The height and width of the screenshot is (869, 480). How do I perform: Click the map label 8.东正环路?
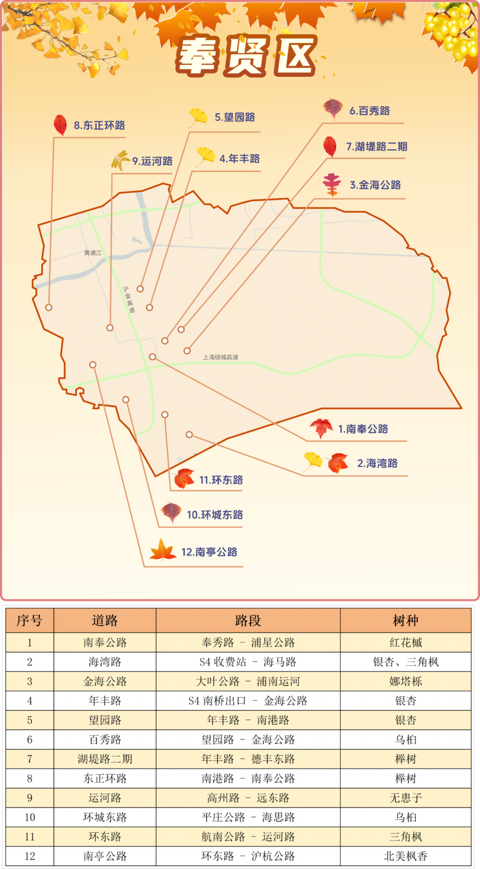tap(99, 125)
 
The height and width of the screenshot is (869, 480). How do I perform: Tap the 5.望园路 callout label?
tap(235, 117)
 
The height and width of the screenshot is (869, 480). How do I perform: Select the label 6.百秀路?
tap(369, 111)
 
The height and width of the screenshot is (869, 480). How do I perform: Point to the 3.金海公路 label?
tap(375, 185)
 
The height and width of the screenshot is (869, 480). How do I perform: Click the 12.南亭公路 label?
tap(209, 552)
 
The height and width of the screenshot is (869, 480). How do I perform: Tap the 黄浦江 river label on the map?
tap(93, 253)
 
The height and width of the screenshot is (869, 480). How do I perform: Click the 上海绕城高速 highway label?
tap(220, 357)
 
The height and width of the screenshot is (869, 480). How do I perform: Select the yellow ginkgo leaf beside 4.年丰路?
tap(206, 156)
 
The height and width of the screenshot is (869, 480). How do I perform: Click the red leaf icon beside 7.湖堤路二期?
tap(330, 146)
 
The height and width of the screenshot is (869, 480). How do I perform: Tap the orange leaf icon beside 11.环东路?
tap(184, 478)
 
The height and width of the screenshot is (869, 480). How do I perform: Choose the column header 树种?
tap(405, 621)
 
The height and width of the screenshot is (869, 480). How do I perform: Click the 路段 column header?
tap(248, 621)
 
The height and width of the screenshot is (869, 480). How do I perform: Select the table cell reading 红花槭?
tap(405, 642)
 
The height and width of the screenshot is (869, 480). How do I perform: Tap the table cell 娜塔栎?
tap(405, 681)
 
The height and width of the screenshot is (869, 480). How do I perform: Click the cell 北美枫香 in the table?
tap(405, 856)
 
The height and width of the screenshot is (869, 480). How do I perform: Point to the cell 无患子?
tap(405, 798)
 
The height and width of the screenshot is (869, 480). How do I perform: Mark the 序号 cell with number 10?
tap(30, 817)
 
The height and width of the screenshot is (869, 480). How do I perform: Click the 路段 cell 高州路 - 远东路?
tap(248, 798)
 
